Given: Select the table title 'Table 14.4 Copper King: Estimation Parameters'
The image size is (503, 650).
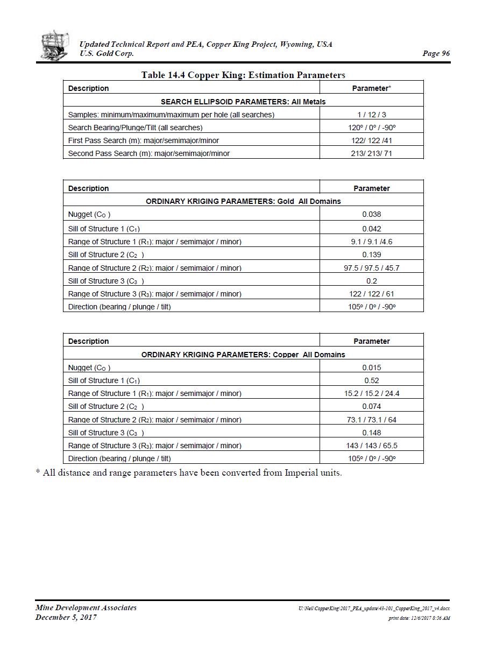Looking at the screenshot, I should [243, 75].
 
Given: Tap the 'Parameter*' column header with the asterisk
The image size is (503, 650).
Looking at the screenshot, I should [371, 88].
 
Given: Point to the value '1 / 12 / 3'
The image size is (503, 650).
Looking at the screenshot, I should [371, 115].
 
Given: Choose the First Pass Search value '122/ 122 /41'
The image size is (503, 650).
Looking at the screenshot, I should [371, 140].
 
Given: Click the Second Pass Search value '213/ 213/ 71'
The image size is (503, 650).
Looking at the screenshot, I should [371, 153].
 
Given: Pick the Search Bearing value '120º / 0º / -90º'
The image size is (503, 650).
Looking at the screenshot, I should [371, 128].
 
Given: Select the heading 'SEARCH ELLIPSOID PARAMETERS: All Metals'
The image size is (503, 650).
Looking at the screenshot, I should [243, 101].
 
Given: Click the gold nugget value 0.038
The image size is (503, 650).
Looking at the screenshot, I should [371, 214].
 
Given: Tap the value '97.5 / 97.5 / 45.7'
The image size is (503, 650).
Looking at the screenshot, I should [371, 268].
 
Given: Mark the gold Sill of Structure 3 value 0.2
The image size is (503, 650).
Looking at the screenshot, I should [371, 281].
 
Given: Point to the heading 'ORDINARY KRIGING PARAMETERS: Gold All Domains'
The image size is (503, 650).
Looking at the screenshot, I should [243, 201].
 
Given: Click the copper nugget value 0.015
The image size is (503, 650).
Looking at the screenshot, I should [371, 368].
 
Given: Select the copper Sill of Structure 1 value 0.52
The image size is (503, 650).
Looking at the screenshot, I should [371, 380].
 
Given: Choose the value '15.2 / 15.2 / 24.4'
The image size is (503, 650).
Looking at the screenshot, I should [371, 393].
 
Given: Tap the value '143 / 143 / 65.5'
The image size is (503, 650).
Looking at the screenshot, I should [371, 446].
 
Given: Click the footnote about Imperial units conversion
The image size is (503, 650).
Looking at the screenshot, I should [189, 473].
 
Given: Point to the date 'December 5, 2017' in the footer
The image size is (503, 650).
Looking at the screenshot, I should [66, 617].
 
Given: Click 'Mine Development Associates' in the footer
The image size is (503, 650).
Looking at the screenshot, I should [86, 607].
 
